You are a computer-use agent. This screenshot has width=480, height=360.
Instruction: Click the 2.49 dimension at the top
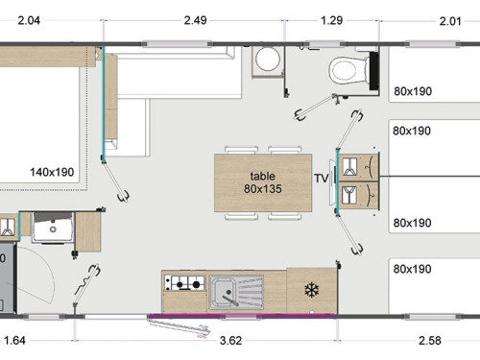pos(195,20)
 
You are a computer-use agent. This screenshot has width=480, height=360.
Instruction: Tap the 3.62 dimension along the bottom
pos(230,341)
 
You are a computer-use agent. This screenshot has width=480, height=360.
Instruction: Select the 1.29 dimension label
pos(331,20)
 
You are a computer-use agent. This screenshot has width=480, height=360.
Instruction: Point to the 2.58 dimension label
pos(430,341)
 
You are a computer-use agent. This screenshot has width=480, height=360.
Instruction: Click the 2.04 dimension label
pos(29,20)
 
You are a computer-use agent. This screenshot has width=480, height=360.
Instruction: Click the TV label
pos(322,179)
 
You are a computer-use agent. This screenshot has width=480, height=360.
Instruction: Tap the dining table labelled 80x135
pos(263,182)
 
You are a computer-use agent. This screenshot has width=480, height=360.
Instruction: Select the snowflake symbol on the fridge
pos(311,291)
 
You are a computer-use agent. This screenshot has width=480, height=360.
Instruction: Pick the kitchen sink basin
pos(223,293)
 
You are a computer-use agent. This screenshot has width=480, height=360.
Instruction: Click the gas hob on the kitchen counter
pos(184,283)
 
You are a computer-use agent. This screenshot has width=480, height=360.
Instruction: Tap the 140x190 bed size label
pos(52,172)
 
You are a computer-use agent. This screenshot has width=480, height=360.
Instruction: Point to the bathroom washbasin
pos(53,228)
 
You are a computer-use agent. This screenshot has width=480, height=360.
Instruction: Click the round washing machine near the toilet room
pos(268,60)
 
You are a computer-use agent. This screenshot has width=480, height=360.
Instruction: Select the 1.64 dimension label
pos(14,341)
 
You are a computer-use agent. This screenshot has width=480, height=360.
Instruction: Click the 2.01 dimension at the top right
pos(450,21)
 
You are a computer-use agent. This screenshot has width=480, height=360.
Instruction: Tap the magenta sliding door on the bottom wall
pos(243,316)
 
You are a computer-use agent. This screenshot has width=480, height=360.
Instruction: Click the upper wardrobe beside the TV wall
pos(359,166)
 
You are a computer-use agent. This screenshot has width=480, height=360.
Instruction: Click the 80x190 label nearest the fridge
pos(412,269)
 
